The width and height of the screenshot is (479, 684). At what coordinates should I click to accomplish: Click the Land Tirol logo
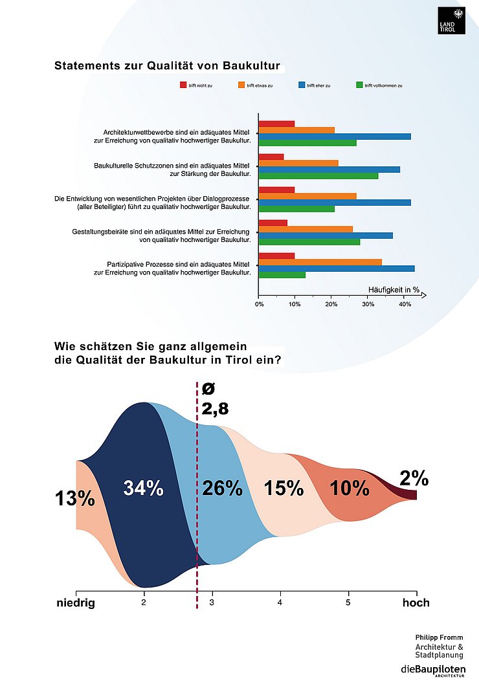[451, 20]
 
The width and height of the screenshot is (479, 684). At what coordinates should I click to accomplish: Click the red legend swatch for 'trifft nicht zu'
[183, 85]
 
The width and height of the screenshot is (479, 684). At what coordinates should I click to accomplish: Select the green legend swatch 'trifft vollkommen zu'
[359, 85]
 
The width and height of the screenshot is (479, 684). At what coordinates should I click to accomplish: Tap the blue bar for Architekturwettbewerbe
[335, 136]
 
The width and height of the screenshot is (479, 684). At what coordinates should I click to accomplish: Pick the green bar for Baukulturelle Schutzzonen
[318, 175]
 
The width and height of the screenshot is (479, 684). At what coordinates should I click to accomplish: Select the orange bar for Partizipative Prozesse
[320, 262]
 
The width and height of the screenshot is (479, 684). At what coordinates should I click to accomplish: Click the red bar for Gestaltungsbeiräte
[273, 223]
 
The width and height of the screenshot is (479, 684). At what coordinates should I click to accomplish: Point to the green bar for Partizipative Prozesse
[282, 274]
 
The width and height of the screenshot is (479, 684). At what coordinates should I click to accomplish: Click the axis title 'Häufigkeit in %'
[394, 289]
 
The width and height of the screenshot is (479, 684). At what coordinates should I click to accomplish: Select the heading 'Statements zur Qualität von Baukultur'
[167, 66]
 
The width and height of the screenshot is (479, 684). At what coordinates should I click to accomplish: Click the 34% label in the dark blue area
[143, 489]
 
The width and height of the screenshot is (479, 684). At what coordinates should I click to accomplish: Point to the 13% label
[75, 499]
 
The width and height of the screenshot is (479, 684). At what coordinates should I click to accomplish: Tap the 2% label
[413, 479]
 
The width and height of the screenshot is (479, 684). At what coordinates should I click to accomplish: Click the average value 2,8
[215, 408]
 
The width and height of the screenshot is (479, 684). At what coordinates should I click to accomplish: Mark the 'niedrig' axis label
[76, 603]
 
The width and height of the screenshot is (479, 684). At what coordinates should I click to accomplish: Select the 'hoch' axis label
[416, 603]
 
